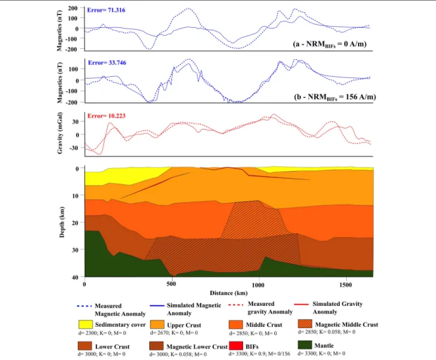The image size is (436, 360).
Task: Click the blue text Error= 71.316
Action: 106,10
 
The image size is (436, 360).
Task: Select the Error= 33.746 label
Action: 107,63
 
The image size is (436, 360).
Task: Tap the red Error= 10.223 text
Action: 106,116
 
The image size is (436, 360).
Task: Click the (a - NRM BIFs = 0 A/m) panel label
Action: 330,44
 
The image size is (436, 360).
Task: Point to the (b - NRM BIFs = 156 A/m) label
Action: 335,97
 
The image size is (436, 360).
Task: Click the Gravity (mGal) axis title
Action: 60,133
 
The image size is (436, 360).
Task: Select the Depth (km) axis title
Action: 62,222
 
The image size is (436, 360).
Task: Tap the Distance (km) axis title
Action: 228,293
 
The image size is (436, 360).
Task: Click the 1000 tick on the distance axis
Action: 258,284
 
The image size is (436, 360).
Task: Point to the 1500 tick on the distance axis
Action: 345,284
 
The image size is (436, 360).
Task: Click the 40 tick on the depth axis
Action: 76,277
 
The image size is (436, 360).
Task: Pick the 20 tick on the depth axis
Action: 76,223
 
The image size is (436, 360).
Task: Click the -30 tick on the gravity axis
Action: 74,148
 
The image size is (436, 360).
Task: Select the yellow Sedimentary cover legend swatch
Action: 85,325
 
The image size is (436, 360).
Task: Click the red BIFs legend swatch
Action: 236,346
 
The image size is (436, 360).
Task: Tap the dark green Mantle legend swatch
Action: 305,345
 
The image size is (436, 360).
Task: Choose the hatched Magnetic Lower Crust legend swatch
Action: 156,346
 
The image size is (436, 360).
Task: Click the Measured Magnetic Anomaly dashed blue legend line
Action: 84,306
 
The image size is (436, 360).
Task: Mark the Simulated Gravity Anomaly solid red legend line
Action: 301,304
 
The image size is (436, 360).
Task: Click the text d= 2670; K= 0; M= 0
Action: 174,333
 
